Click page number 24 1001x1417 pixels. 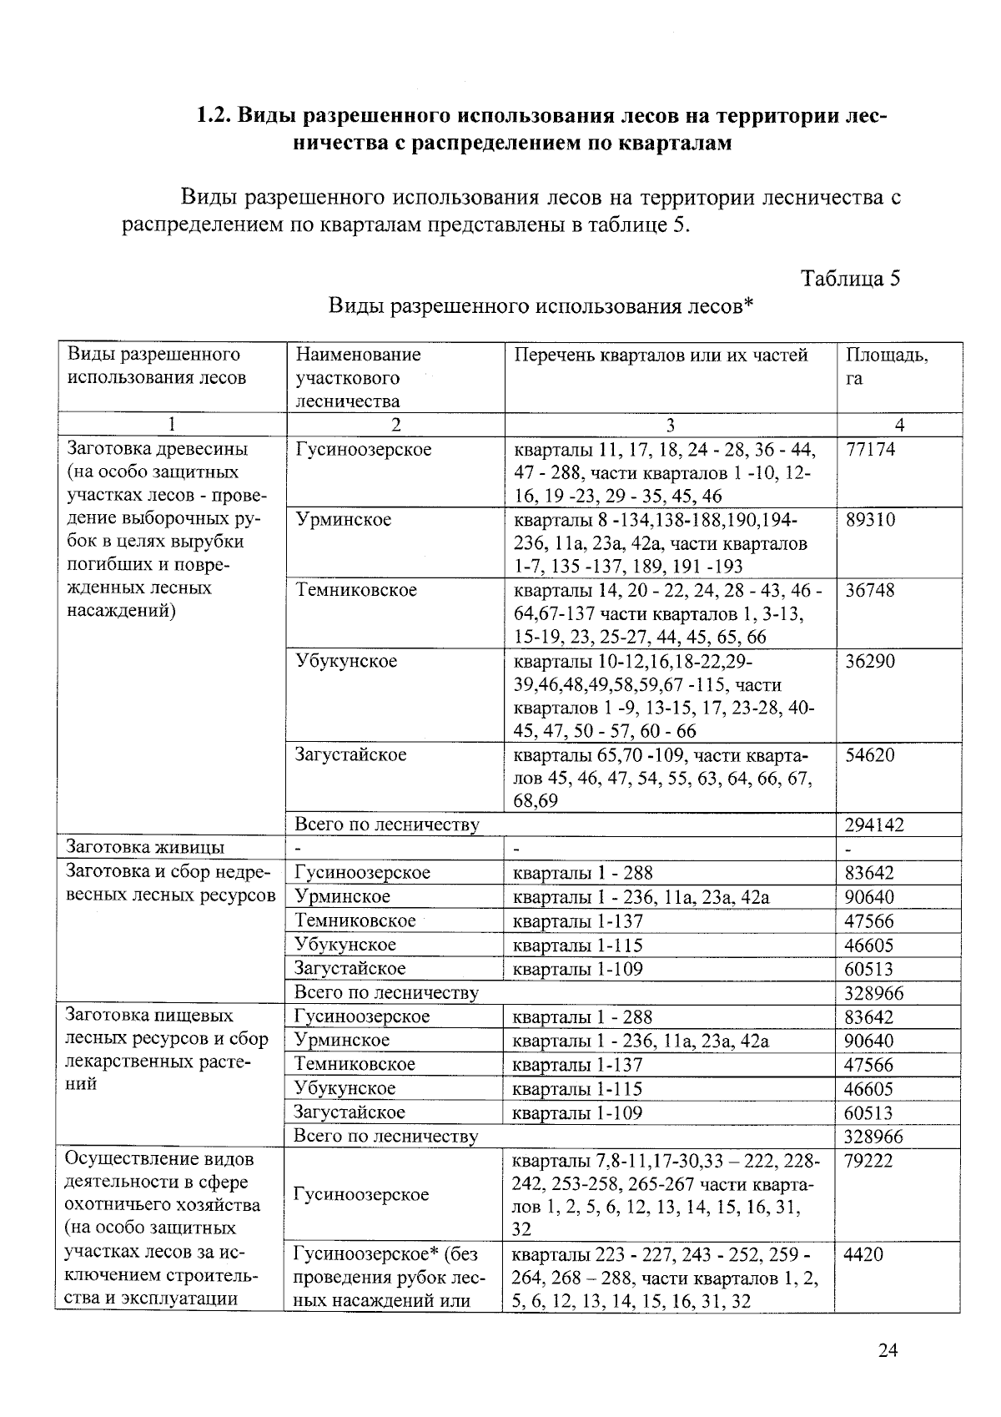(888, 1351)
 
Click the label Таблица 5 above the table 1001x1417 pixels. (850, 278)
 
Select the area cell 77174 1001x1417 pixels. (870, 449)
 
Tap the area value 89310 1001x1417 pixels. (870, 520)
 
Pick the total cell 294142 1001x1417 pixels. (873, 825)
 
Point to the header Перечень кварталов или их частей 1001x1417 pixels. (661, 355)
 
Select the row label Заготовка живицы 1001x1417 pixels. (145, 848)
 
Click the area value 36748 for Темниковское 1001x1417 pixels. (870, 590)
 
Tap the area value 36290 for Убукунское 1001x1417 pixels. (870, 661)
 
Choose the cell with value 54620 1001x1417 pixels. (870, 755)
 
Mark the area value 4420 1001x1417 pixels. (863, 1254)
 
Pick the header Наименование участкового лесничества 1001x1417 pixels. (358, 377)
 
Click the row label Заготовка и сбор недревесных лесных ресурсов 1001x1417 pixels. (169, 885)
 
